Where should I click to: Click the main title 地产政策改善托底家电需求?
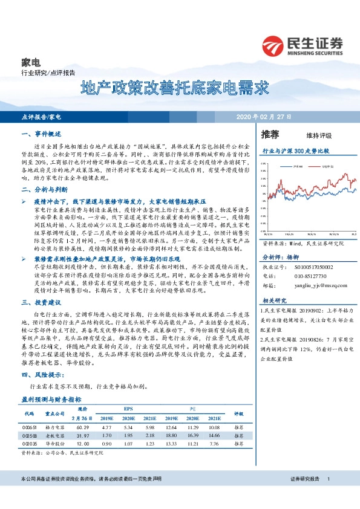[175, 88]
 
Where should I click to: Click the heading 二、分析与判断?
[41, 189]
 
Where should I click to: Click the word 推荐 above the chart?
[270, 134]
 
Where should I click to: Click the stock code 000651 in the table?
[31, 427]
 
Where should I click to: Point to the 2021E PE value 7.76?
[214, 443]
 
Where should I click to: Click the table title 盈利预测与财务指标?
[51, 400]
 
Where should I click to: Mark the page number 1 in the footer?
[327, 478]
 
